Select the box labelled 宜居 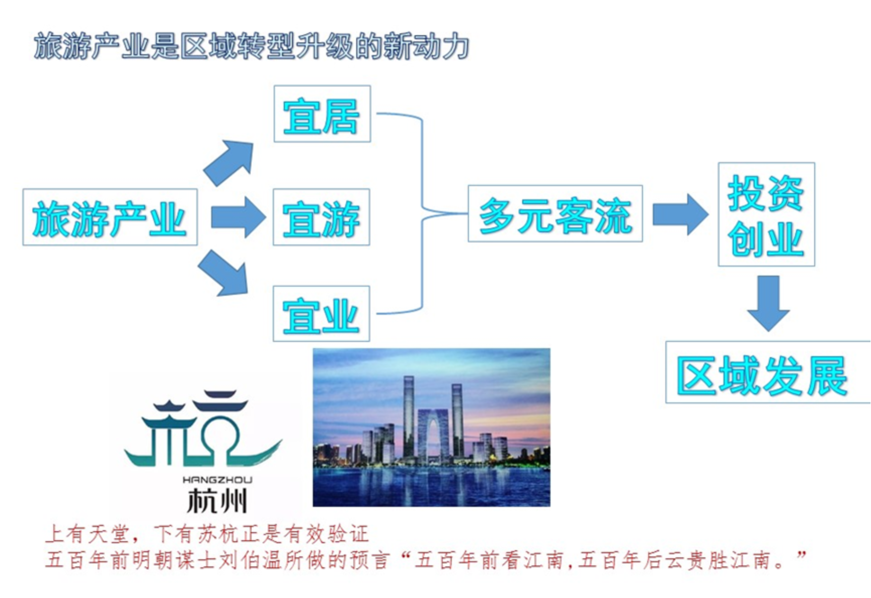pyautogui.click(x=322, y=114)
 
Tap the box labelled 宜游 pyautogui.click(x=322, y=217)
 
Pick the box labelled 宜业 pyautogui.click(x=322, y=314)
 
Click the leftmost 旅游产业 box pyautogui.click(x=110, y=217)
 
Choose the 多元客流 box pyautogui.click(x=555, y=214)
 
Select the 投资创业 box pyautogui.click(x=766, y=214)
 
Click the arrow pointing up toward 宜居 pyautogui.click(x=229, y=162)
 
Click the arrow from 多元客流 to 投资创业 pyautogui.click(x=680, y=214)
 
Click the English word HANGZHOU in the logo pyautogui.click(x=217, y=480)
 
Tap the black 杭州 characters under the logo pyautogui.click(x=217, y=500)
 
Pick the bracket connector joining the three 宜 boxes pyautogui.click(x=422, y=213)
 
